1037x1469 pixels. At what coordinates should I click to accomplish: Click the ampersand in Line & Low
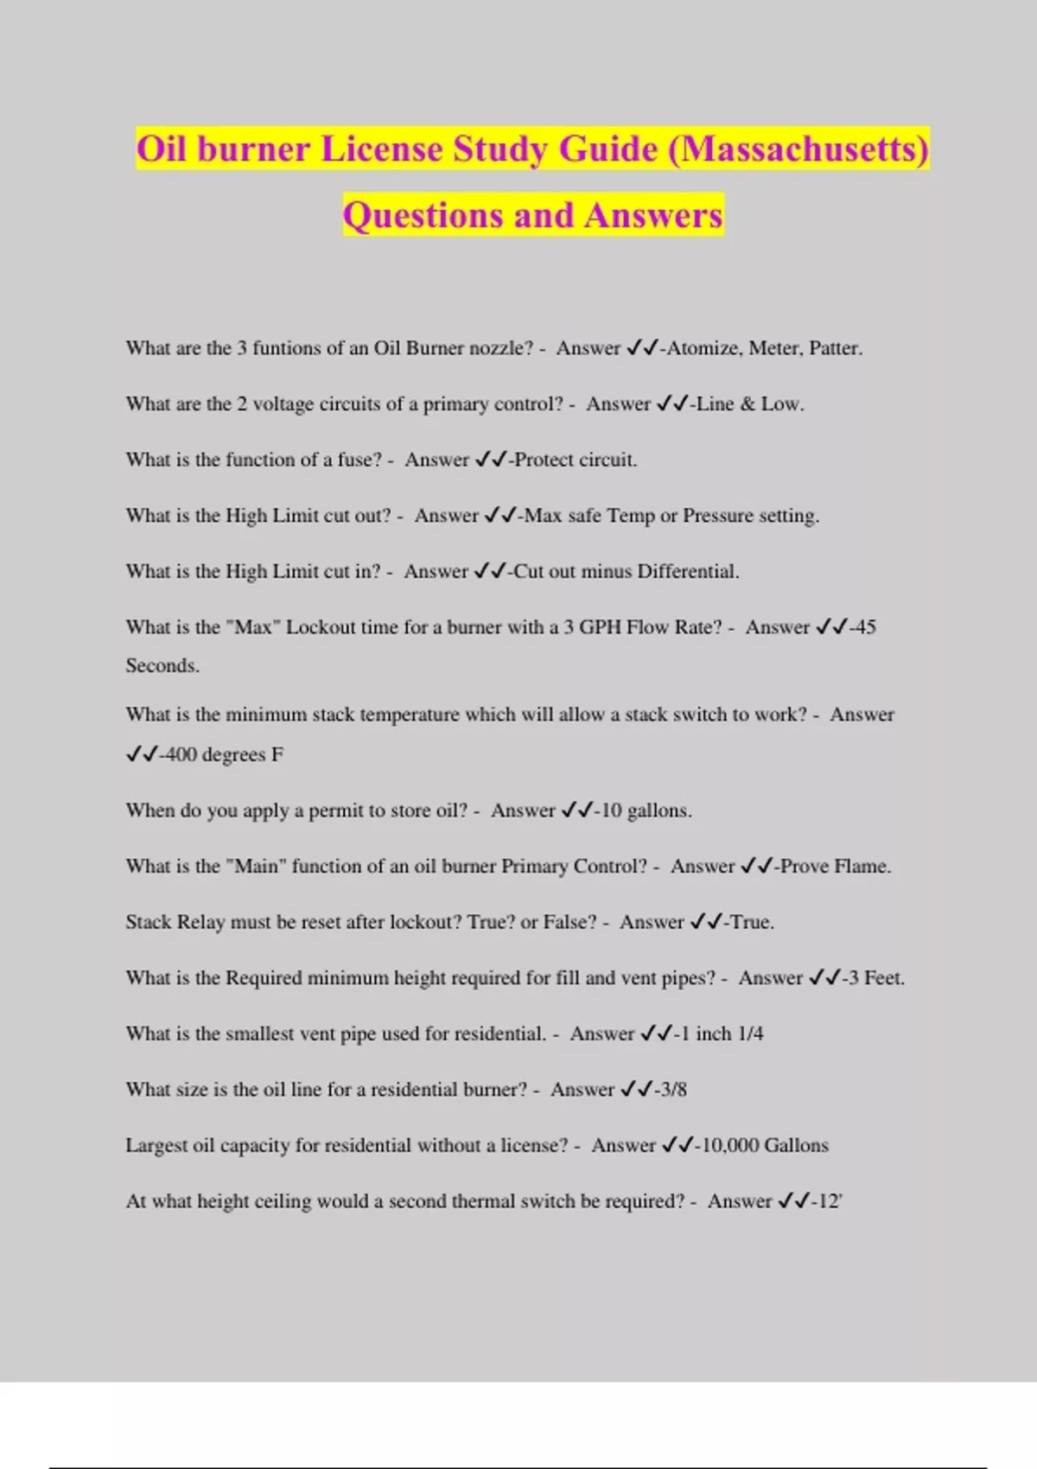(748, 404)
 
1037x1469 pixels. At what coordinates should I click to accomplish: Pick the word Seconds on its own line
(162, 665)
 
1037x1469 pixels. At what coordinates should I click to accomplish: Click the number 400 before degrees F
(181, 754)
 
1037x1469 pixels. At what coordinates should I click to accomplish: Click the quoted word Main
(256, 866)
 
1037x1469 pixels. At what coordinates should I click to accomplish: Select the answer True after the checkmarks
(751, 922)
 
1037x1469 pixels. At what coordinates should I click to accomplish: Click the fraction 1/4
(751, 1033)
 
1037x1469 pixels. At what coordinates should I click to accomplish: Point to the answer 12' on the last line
(830, 1201)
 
